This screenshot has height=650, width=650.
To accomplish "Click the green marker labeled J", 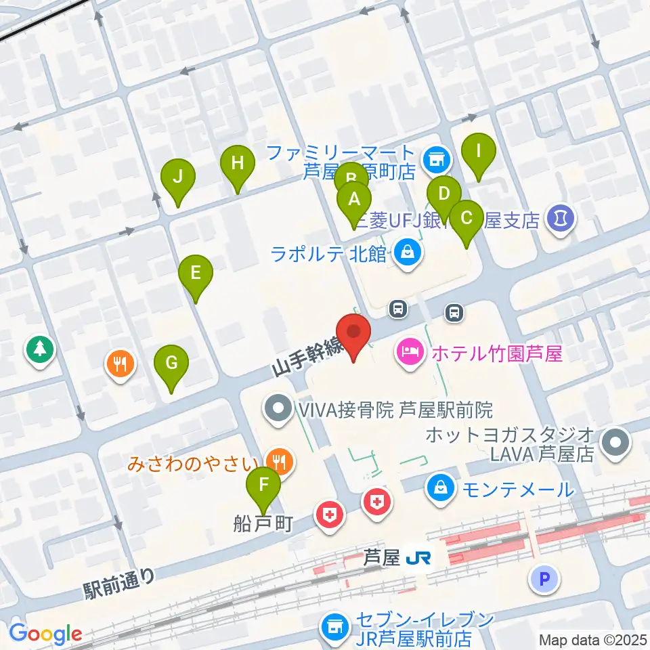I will click(x=178, y=178).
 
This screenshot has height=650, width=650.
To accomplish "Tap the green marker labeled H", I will click(x=237, y=165).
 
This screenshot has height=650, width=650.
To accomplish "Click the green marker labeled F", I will click(x=264, y=486).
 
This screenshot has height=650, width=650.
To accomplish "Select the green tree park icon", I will click(x=40, y=349).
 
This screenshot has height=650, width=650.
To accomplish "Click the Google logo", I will click(x=45, y=634).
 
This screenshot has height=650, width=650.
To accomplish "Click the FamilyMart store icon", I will click(x=434, y=160).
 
